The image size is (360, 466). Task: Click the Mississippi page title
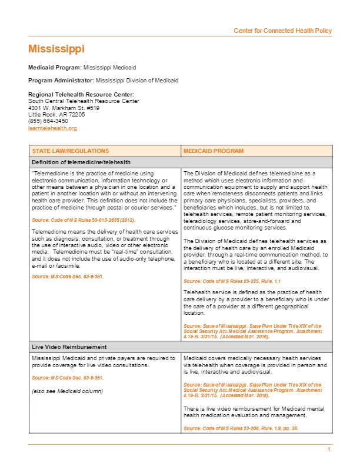click(x=56, y=49)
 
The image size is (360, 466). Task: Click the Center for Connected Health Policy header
click(x=282, y=31)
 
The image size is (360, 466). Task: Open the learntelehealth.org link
click(x=52, y=128)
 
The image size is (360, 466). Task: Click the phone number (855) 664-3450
click(x=48, y=121)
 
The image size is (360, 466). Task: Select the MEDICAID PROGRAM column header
click(x=213, y=151)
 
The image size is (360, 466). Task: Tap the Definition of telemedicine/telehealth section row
click(x=81, y=162)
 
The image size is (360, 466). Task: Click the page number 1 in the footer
click(x=329, y=450)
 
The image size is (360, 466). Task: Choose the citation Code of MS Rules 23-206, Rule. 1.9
click(x=241, y=428)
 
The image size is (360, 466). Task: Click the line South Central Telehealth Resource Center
click(x=84, y=101)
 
